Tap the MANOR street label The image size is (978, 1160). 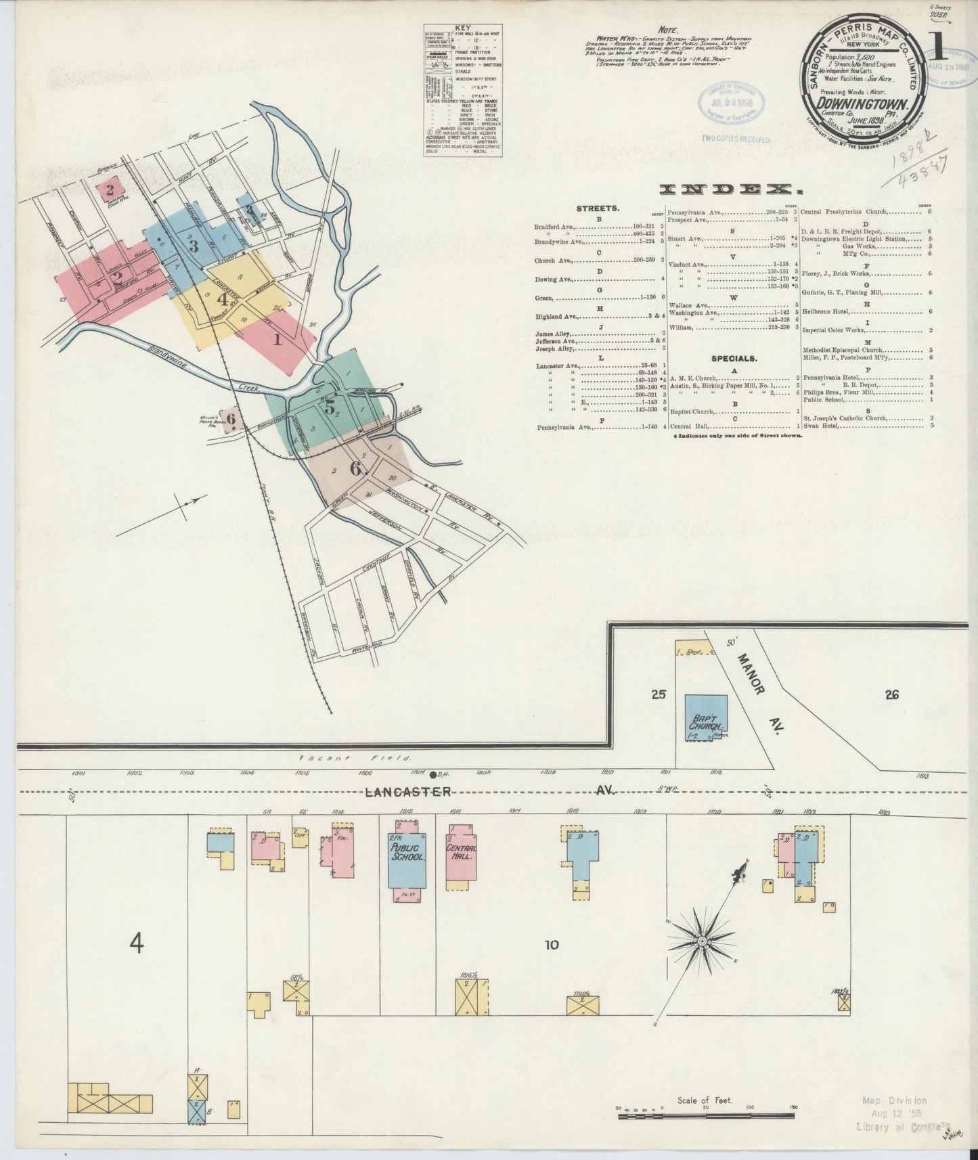pos(751,673)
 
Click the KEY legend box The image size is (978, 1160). pos(463,91)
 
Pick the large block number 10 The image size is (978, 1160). pos(552,944)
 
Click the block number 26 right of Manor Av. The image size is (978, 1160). pos(891,694)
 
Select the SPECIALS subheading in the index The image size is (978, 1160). pos(734,359)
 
